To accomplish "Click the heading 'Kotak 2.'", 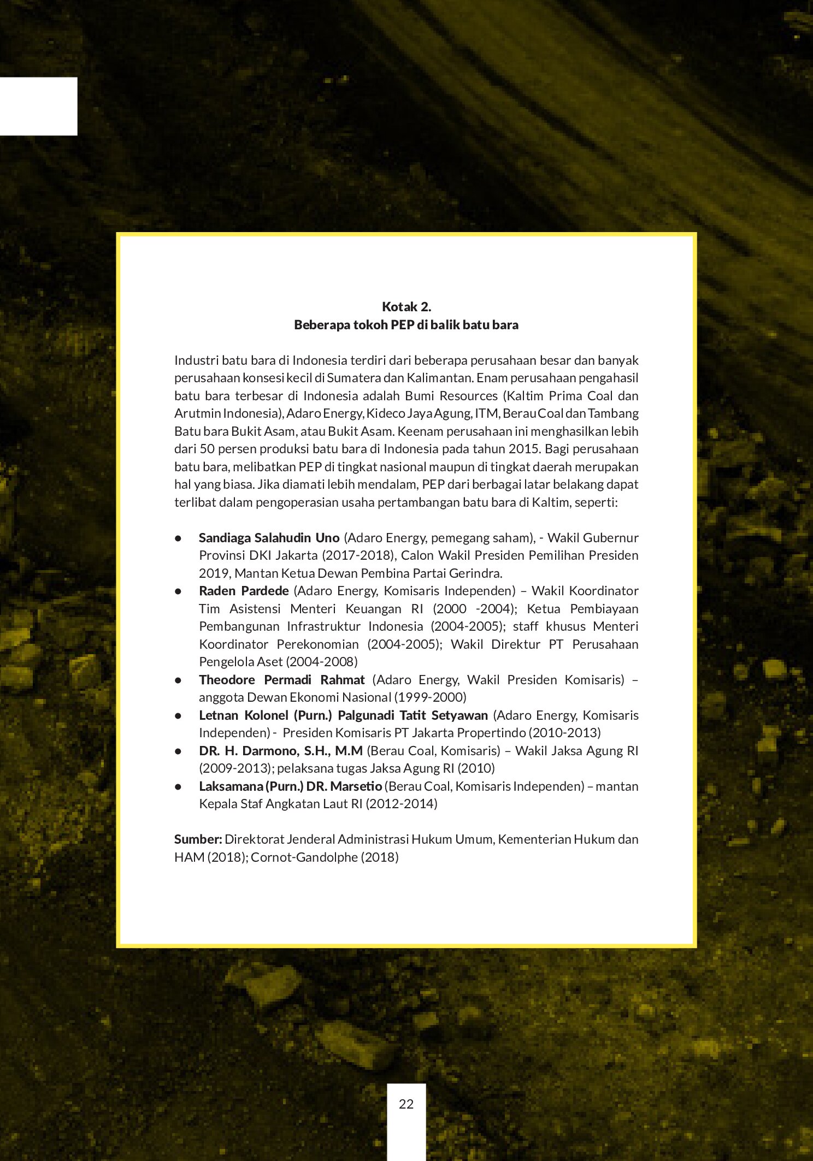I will coord(406,306).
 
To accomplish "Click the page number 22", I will coord(406,1104).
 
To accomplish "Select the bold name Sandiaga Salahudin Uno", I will coord(269,538).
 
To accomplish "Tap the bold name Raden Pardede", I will coord(244,591).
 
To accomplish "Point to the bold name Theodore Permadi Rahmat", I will coord(281,680).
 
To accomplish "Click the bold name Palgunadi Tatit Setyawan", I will coord(413,715).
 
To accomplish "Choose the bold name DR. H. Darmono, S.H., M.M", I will coord(280,751).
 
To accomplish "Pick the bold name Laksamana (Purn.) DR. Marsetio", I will coord(290,786).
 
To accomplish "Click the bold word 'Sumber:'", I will coord(198,839).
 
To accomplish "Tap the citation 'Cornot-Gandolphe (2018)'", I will coord(325,857).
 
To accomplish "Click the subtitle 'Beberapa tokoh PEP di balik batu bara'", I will coord(406,325).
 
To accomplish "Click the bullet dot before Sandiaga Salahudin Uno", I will coord(178,538).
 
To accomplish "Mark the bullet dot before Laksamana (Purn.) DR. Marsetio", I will coord(178,787).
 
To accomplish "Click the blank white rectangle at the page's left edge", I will coord(38,106).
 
